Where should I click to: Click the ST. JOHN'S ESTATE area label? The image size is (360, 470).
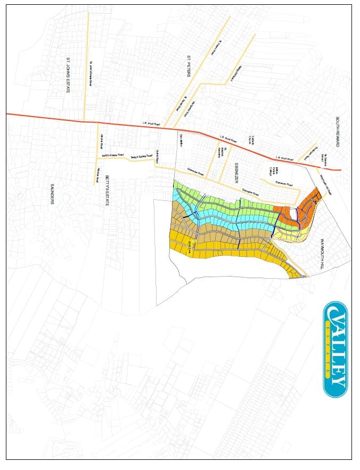point(68,75)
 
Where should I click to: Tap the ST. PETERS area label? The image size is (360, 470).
point(189,66)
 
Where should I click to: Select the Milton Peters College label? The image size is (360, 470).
point(274,171)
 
